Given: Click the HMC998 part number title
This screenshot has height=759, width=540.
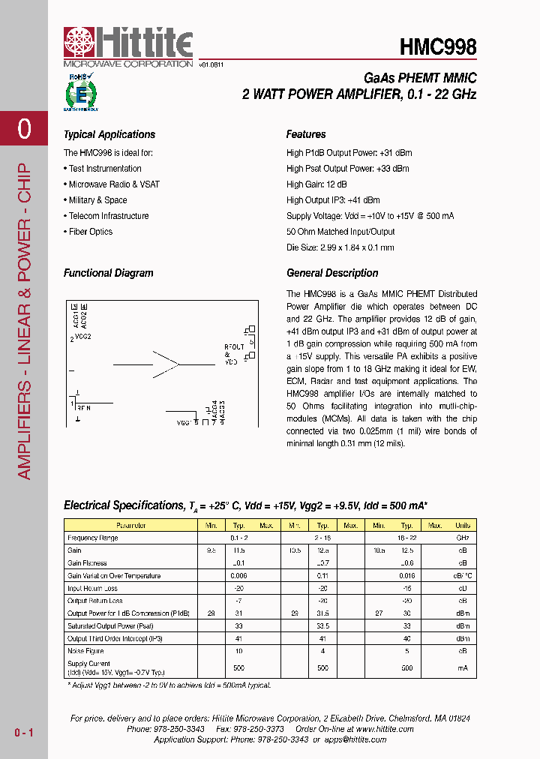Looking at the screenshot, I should (x=438, y=47).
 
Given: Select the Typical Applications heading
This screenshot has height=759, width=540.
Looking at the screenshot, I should (x=109, y=135).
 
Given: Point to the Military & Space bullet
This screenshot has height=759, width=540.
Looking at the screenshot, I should (x=97, y=200).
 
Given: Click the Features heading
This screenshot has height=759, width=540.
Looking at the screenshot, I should (x=306, y=135).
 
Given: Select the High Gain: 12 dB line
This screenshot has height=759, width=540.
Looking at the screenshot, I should (x=316, y=184).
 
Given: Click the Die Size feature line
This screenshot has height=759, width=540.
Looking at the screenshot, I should (x=340, y=247).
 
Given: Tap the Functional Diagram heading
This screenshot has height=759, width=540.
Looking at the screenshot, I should (x=108, y=274).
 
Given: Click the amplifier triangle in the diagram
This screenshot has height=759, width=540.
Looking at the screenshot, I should (x=166, y=364).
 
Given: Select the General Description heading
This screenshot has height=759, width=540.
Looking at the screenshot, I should (x=332, y=274).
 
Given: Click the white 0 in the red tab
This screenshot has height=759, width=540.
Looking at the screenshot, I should (x=24, y=129).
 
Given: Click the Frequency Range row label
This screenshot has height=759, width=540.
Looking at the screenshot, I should (x=92, y=538).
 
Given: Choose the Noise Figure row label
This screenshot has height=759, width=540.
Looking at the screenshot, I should (x=87, y=651).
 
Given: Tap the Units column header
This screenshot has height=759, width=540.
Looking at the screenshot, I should (x=463, y=526).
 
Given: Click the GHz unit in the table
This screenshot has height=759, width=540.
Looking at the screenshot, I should (x=463, y=538).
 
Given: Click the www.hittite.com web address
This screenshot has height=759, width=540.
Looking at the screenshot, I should (x=384, y=729).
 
